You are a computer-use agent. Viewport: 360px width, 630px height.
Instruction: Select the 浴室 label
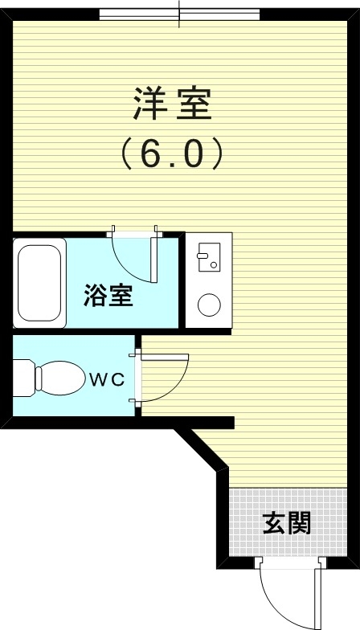tap(108, 296)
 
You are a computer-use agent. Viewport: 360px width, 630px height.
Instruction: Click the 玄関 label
tap(286, 524)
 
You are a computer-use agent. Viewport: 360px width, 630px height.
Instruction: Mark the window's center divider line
tap(179, 14)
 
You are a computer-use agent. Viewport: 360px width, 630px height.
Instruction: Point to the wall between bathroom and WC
tap(72, 331)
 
